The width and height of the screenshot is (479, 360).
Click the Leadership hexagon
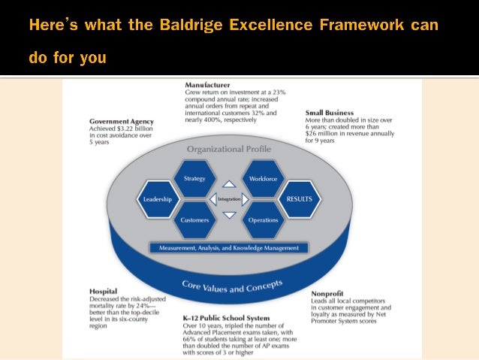coord(158,199)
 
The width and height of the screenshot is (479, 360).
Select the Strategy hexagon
coord(194,179)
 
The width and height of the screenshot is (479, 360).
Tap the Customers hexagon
coord(194,220)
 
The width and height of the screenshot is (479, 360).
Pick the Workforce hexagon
coord(263,179)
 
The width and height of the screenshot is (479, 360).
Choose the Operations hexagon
coord(263,220)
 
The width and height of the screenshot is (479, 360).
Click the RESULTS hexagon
coord(299,199)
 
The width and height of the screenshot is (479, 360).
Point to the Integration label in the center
coord(229,199)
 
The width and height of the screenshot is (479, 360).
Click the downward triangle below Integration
coord(229,215)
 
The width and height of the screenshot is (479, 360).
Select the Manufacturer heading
coord(208,85)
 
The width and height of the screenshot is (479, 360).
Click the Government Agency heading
coord(122,121)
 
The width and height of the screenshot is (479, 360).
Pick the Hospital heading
coord(102,289)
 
